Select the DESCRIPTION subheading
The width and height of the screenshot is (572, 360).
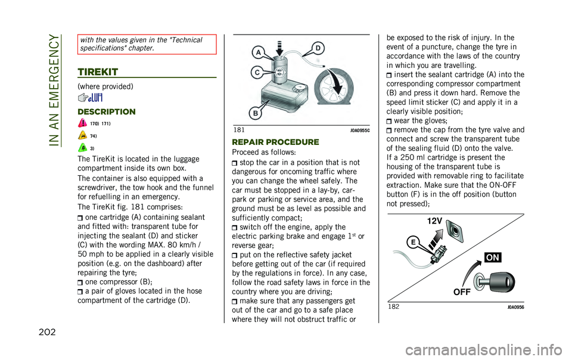click(x=107, y=111)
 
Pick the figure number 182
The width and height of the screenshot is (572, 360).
click(x=394, y=306)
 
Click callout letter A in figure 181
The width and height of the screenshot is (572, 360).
click(x=257, y=51)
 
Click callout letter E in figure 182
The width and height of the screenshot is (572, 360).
click(x=413, y=242)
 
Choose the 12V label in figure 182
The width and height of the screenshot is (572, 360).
click(x=434, y=221)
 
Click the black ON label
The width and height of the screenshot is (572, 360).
click(x=492, y=257)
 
